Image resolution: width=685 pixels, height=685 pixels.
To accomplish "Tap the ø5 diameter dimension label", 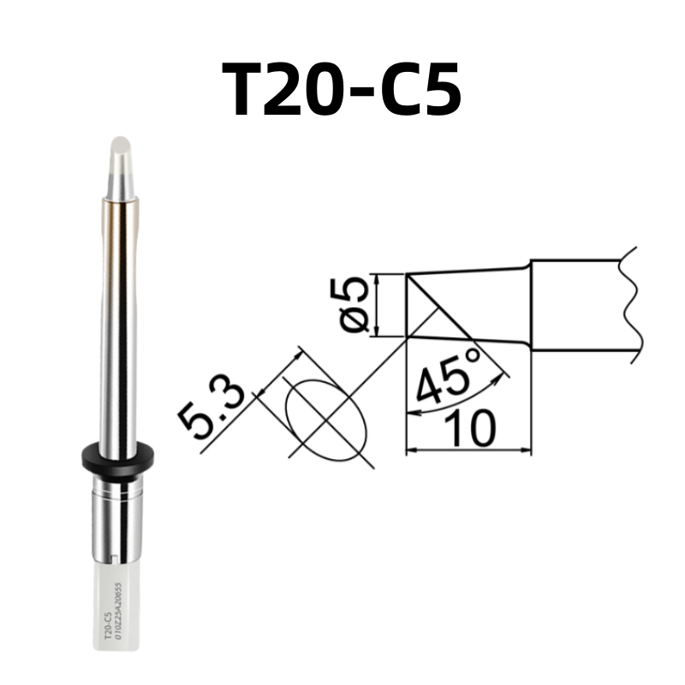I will tap(355, 306).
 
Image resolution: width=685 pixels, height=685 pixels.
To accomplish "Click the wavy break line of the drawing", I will tap(631, 300).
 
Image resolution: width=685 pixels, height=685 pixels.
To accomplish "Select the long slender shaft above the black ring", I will tap(117, 325).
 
